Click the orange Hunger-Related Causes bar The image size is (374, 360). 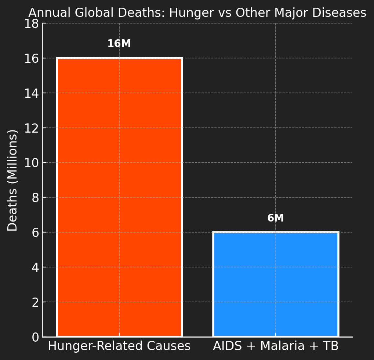[119, 197]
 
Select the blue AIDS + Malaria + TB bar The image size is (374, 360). [276, 284]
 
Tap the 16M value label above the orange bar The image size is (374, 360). [119, 44]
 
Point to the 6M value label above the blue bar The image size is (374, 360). [276, 218]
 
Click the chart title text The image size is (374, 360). [197, 13]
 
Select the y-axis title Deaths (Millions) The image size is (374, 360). [13, 180]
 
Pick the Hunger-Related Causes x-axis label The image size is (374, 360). [119, 346]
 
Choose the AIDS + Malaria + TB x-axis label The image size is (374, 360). [276, 346]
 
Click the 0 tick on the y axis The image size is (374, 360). [36, 337]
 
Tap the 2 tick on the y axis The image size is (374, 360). [36, 302]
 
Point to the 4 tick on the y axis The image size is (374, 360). [36, 267]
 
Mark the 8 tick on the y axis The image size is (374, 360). [36, 197]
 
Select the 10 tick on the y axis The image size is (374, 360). [32, 162]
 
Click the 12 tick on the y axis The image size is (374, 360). [32, 128]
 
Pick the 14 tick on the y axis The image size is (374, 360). [32, 93]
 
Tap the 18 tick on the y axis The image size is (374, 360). [32, 24]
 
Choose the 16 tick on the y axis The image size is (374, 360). [32, 58]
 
